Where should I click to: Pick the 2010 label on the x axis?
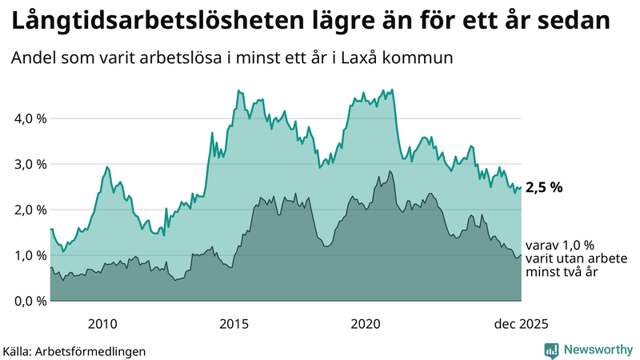pos(102,324)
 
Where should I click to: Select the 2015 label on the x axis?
pos(234,324)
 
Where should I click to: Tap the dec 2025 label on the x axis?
pos(521,324)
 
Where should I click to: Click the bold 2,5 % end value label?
pos(544,188)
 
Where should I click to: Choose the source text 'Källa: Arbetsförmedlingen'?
pos(74,350)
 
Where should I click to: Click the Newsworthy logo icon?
pos(551,350)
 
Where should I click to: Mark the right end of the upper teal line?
pos(521,188)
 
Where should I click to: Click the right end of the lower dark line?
pos(521,256)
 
